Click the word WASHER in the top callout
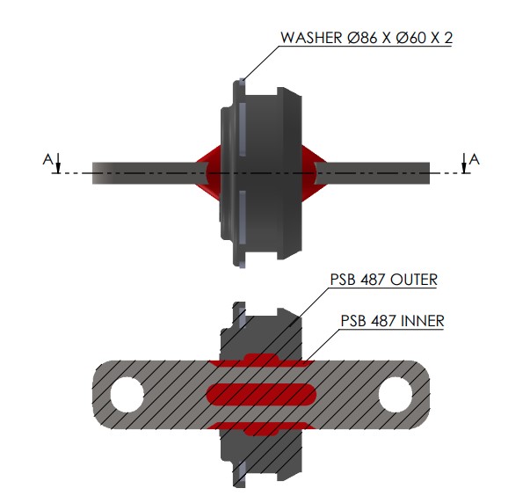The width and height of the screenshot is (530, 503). [x=311, y=38]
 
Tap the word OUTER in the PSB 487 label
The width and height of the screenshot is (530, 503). [x=413, y=280]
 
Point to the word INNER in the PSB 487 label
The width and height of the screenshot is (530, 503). [x=422, y=321]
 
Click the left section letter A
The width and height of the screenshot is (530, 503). [x=47, y=159]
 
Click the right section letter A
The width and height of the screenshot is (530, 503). [x=475, y=159]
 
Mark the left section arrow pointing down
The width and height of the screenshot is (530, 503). [x=58, y=163]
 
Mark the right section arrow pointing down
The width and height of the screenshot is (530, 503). [x=464, y=163]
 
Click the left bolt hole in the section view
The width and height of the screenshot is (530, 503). [x=127, y=395]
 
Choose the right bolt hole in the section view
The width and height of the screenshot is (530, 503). [x=396, y=395]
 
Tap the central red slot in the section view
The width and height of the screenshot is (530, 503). [x=261, y=395]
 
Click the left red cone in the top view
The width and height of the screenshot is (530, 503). [x=208, y=173]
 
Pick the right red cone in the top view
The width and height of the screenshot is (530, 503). [x=314, y=173]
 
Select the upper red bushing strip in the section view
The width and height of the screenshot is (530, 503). [x=261, y=361]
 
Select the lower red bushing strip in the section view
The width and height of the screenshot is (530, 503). [x=261, y=428]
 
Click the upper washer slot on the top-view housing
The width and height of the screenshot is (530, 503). [x=243, y=129]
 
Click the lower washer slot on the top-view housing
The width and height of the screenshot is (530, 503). [x=243, y=216]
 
